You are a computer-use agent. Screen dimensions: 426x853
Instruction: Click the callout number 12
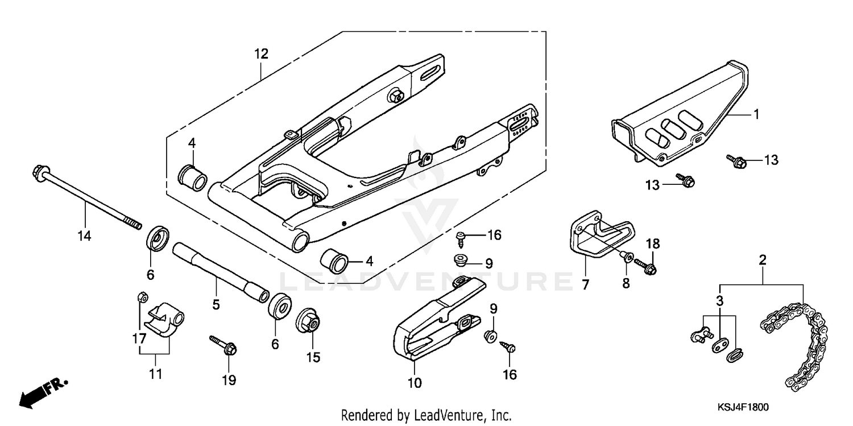point(261,55)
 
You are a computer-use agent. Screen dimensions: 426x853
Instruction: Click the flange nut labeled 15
point(309,322)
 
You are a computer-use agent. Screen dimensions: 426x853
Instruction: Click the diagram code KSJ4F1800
point(743,407)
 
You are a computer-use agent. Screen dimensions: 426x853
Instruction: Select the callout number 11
point(156,374)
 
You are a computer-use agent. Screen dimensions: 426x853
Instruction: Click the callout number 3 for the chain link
point(719,300)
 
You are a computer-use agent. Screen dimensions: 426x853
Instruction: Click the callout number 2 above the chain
point(763,260)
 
